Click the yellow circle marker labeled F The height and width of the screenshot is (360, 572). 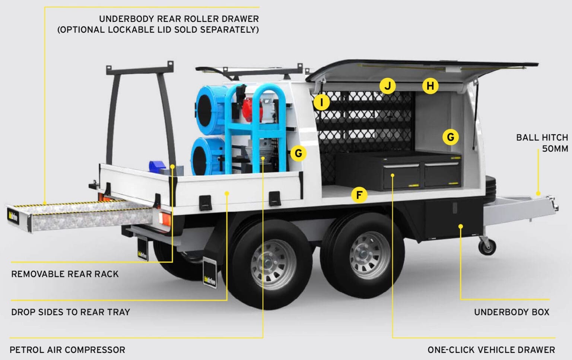pos(359,195)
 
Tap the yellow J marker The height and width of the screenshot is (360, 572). pos(388,86)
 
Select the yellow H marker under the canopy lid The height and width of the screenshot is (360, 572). pos(430,86)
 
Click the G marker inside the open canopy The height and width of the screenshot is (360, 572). pos(450,137)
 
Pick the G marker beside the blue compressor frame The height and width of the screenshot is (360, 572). pos(298,153)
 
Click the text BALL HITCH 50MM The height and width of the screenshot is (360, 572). pos(542,143)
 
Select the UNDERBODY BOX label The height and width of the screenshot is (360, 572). pos(511,312)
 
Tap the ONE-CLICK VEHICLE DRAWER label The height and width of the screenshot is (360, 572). pos(491,350)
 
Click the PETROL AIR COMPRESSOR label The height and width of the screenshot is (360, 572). pos(67,350)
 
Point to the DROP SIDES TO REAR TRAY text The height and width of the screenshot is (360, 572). pos(70,312)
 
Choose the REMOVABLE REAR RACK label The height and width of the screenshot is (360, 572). pos(65,274)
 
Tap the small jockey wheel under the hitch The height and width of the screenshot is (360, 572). pos(487,246)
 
